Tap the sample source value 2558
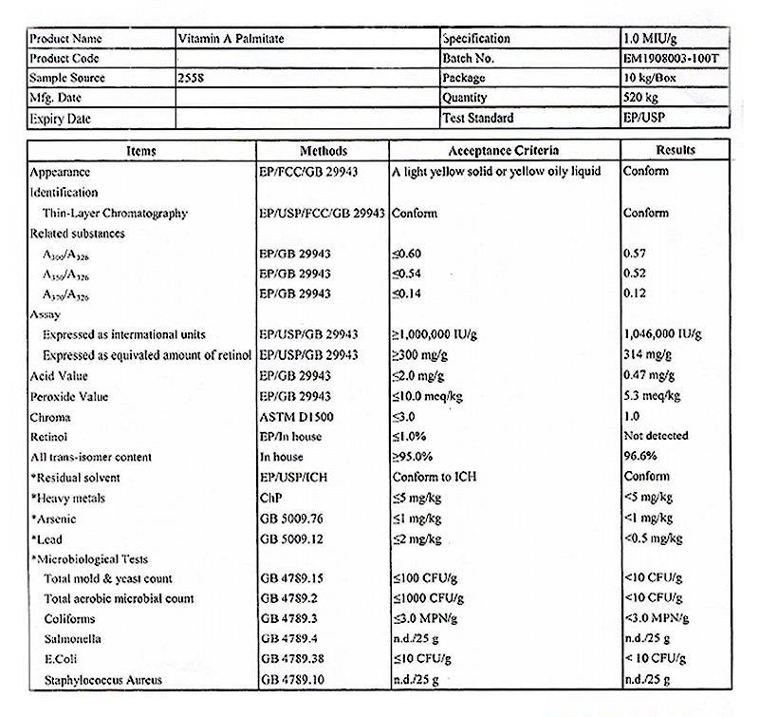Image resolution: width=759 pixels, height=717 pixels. click(191, 78)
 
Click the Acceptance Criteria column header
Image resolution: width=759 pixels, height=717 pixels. click(503, 150)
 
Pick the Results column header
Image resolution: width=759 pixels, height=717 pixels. click(675, 150)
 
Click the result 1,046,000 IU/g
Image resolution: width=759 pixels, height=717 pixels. click(662, 334)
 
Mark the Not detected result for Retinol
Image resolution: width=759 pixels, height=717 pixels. click(656, 436)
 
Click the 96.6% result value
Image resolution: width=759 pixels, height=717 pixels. click(640, 457)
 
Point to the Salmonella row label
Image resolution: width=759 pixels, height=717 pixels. click(72, 639)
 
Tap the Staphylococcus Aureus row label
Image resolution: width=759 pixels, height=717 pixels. click(102, 680)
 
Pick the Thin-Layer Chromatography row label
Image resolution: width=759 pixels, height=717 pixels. click(115, 214)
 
